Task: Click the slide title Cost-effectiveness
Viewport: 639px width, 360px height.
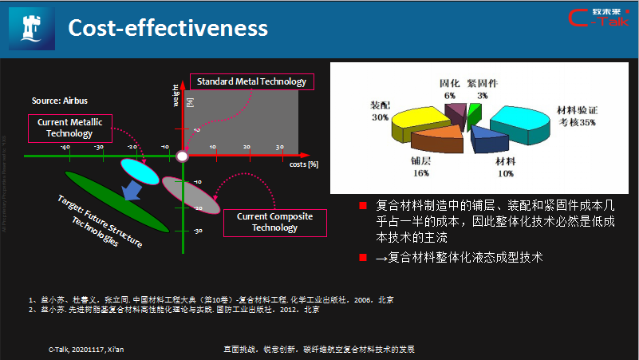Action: click(168, 28)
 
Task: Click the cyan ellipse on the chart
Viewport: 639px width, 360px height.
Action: click(140, 171)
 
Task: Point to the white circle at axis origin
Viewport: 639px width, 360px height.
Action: click(182, 156)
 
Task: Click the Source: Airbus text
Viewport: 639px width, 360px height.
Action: click(60, 101)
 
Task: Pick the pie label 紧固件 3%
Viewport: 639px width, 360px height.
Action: click(483, 89)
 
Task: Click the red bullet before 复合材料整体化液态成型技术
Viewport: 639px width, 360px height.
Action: click(361, 258)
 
